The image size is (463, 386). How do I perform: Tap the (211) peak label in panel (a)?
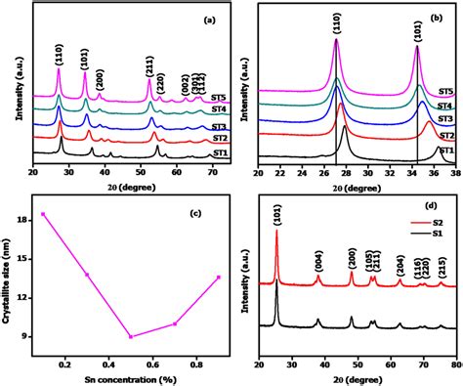pos(149,66)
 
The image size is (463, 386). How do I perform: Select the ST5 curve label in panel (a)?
pos(219,99)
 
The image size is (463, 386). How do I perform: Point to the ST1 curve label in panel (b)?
pos(445,151)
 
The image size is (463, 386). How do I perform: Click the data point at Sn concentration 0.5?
pos(131,336)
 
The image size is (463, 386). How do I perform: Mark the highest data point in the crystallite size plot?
pos(43,214)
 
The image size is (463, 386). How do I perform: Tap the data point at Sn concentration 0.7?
pos(175,323)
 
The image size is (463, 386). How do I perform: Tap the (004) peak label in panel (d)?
pos(318,260)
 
